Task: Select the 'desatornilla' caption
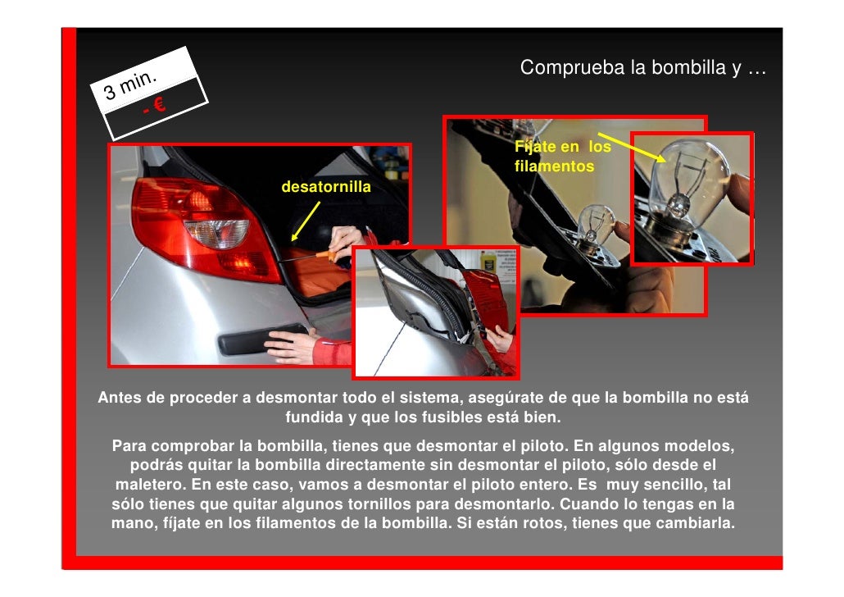325,188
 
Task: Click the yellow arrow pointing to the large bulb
630,149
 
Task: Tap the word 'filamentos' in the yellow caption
554,166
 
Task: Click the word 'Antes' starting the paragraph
120,399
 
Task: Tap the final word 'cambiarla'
697,522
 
